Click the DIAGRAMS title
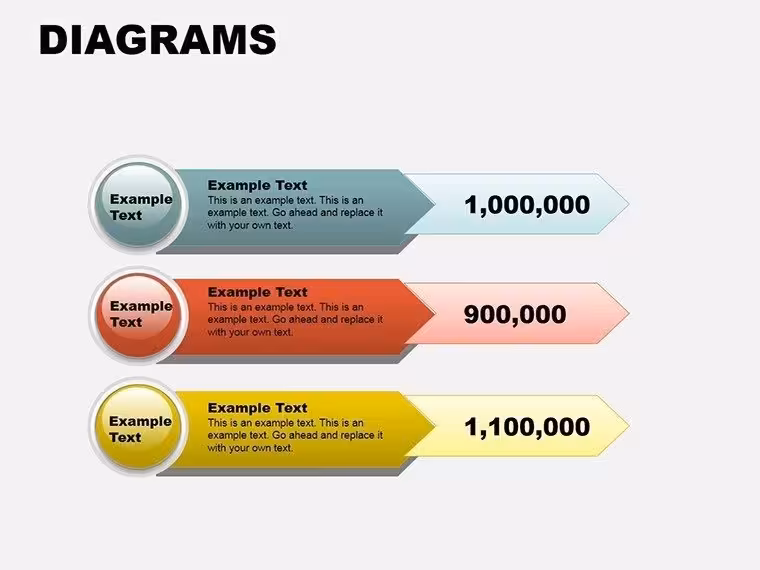click(158, 40)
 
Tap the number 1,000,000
click(527, 205)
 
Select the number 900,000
click(515, 315)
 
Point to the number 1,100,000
click(527, 427)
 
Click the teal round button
click(139, 204)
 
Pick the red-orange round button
click(139, 315)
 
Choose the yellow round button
click(139, 427)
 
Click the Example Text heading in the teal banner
click(257, 185)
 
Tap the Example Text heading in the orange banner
click(257, 292)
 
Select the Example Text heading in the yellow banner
click(257, 408)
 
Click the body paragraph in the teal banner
click(295, 212)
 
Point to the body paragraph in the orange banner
click(295, 319)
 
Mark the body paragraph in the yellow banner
click(295, 435)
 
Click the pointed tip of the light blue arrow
click(629, 204)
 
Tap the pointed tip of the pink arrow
click(629, 314)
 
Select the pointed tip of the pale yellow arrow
click(629, 426)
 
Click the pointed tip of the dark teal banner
click(435, 205)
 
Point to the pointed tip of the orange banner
click(435, 315)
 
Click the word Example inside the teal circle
click(141, 199)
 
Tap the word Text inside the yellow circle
click(125, 437)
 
